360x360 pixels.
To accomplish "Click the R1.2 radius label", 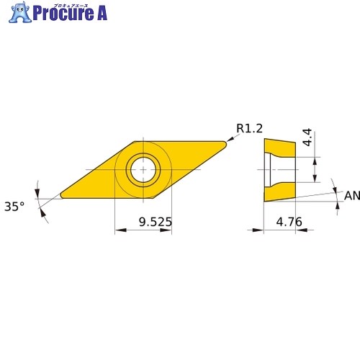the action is click(x=249, y=128).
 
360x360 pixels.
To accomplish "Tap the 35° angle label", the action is click(x=14, y=207).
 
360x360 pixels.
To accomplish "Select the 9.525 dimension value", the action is click(x=156, y=222).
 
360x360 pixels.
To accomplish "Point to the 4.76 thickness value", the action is click(x=289, y=222).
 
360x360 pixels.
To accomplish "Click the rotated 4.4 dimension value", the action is click(x=307, y=138).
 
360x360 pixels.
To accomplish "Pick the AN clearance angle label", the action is click(x=352, y=196).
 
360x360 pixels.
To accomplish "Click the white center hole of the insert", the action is click(x=143, y=169).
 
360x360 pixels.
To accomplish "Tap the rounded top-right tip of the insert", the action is click(x=225, y=143).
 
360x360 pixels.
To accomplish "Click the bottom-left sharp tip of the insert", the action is click(x=61, y=196).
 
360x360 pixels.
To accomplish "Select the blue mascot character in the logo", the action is click(x=20, y=12).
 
